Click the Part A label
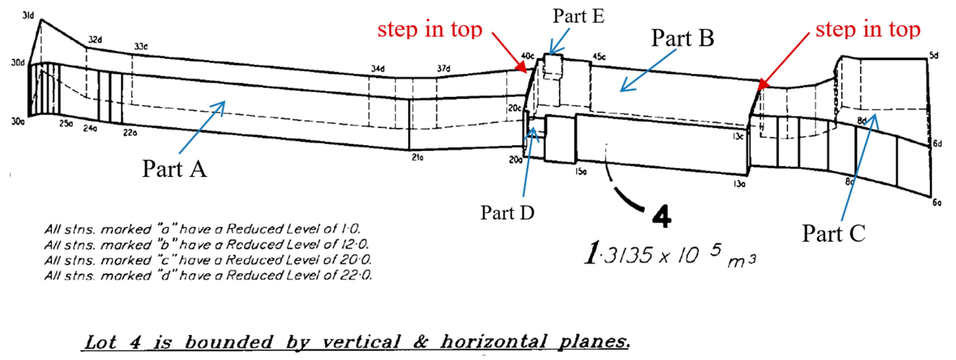[174, 169]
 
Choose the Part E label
[578, 16]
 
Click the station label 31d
[28, 15]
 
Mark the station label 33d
[141, 46]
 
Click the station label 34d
[378, 69]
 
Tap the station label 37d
[444, 68]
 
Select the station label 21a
[418, 157]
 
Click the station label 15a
[581, 171]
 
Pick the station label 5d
[934, 55]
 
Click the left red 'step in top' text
[430, 29]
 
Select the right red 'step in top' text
[868, 29]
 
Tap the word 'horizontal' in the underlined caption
[494, 341]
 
